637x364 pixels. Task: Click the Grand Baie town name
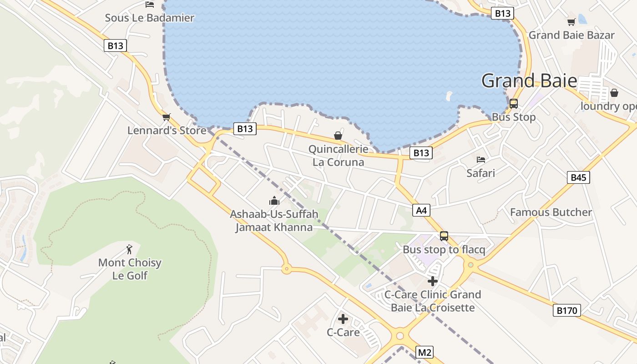(x=529, y=81)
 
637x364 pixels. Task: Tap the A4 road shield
(x=421, y=210)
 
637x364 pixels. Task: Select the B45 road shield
(x=578, y=177)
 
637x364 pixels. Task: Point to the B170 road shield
(x=567, y=311)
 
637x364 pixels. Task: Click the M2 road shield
(x=425, y=352)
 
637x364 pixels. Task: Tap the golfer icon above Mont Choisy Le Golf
(x=129, y=249)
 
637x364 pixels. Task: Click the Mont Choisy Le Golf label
(x=130, y=269)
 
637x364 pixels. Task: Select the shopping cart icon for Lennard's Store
(x=167, y=117)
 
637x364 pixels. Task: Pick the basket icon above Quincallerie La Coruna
(x=338, y=136)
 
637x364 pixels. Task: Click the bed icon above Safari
(x=481, y=160)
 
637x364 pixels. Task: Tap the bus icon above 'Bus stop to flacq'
(x=444, y=236)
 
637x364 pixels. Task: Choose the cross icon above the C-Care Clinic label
(x=433, y=281)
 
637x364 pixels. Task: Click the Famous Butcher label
(x=551, y=212)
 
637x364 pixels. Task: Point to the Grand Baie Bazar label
(x=571, y=35)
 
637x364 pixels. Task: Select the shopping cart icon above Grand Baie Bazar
(x=571, y=22)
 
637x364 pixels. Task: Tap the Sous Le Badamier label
(x=149, y=18)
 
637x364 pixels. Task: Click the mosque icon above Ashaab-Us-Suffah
(x=274, y=201)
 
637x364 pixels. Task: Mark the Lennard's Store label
(x=167, y=131)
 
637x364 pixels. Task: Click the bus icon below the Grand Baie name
(x=514, y=104)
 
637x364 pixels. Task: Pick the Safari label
(x=480, y=173)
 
